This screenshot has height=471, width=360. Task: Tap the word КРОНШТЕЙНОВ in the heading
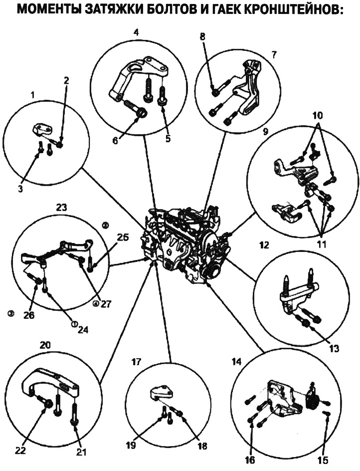click(296, 10)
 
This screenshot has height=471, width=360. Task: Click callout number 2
click(66, 80)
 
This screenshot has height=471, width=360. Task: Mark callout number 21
click(82, 453)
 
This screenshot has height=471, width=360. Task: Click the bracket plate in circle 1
click(43, 131)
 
